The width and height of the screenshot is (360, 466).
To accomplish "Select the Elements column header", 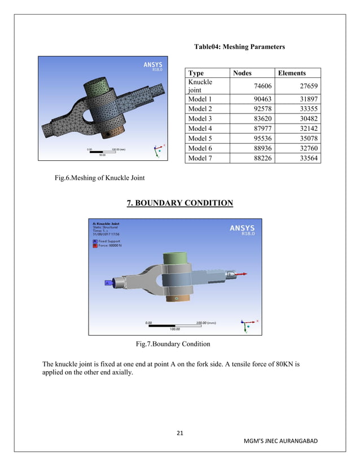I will point(291,73).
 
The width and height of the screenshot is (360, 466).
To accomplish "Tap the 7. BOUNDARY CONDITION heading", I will point(179,203).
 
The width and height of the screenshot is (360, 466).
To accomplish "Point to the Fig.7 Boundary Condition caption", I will point(173,344).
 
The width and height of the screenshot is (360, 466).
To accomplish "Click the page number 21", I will point(180,433).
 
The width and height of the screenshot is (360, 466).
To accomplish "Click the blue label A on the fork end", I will point(107,283).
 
